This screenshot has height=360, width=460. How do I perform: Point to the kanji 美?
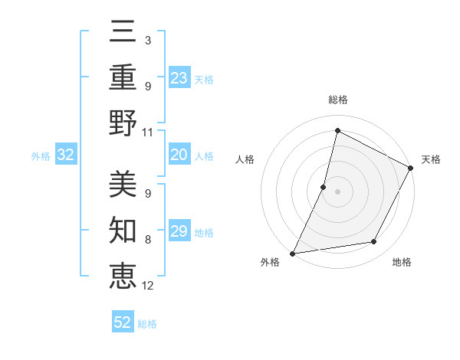(x=123, y=185)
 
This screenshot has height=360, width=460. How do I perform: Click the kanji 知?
(x=123, y=230)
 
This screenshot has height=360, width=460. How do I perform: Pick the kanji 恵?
(x=123, y=275)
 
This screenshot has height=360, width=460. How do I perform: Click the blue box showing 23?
(x=179, y=78)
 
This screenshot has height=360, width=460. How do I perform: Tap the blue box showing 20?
(x=179, y=155)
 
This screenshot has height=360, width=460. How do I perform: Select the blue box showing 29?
(x=179, y=232)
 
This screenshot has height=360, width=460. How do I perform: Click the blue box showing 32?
(x=66, y=155)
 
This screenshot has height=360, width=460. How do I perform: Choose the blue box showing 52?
(x=123, y=322)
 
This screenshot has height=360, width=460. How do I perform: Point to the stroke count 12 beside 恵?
(x=148, y=286)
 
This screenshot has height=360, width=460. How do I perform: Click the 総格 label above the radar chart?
(x=337, y=100)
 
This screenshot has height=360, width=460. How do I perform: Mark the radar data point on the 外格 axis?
(x=292, y=254)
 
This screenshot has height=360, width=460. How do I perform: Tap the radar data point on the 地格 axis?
(x=374, y=242)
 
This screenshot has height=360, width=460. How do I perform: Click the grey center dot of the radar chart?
(x=337, y=191)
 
